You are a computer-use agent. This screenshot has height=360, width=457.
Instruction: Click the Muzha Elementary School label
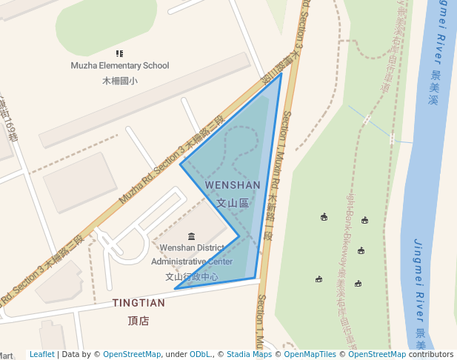119,66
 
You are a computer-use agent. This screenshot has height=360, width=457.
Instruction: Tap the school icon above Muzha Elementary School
119,53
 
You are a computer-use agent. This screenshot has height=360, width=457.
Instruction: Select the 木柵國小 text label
119,80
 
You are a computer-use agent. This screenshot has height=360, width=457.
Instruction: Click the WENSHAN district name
233,185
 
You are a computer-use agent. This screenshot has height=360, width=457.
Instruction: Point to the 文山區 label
233,201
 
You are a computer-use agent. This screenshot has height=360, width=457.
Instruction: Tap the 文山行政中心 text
192,277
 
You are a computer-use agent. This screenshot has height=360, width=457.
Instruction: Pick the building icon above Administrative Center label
192,236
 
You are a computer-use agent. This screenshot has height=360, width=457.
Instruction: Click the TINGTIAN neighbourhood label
139,303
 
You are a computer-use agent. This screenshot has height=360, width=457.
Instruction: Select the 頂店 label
139,321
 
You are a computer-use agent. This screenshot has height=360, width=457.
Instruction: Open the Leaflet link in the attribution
42,355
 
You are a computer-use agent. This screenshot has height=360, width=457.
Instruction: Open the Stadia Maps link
249,355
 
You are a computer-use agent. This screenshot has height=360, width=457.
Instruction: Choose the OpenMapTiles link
306,355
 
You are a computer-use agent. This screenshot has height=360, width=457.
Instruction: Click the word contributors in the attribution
431,355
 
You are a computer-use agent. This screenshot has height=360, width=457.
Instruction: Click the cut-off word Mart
7,355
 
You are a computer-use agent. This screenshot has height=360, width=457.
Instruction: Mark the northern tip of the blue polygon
281,73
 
